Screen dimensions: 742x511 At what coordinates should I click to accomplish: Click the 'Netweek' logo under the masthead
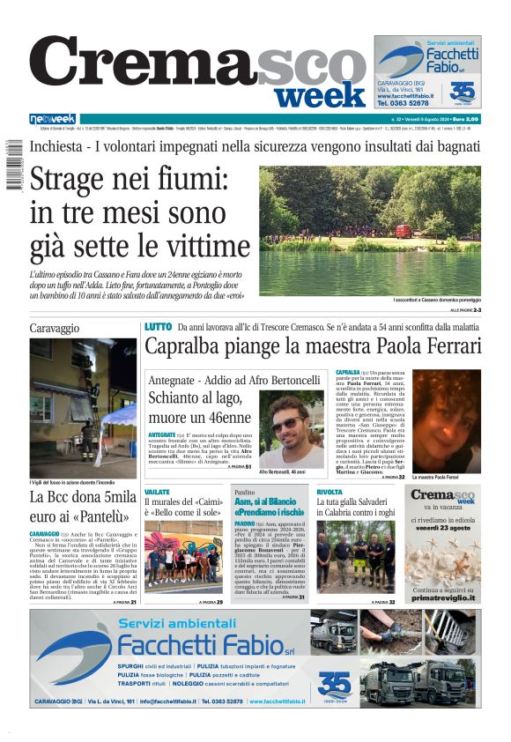click(53, 119)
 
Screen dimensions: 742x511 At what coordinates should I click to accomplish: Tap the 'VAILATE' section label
click(157, 492)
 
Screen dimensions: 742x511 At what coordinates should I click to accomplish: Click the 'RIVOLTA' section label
click(330, 492)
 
